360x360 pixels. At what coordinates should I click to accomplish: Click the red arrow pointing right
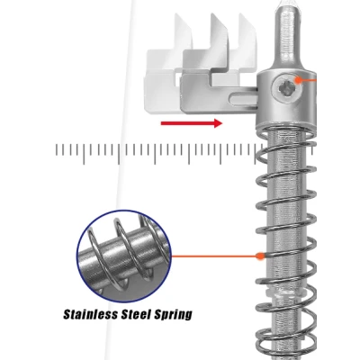click(192, 123)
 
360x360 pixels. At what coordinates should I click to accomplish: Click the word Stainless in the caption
click(91, 314)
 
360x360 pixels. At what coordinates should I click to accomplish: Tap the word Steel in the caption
click(136, 314)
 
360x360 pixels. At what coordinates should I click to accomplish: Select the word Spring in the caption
click(173, 315)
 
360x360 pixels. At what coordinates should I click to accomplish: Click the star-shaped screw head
click(284, 88)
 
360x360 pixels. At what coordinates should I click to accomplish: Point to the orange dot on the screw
click(298, 80)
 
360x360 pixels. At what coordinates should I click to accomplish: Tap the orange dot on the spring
click(260, 256)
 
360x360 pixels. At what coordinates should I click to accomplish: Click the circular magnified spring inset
click(124, 256)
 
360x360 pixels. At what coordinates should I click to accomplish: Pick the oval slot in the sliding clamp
click(242, 98)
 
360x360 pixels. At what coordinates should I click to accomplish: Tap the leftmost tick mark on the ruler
click(56, 149)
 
